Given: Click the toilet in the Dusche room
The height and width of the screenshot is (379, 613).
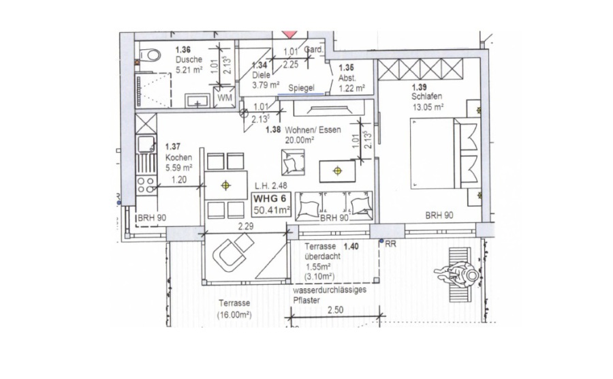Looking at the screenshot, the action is click(151, 55).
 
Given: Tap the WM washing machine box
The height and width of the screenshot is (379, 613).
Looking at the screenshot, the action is click(224, 97).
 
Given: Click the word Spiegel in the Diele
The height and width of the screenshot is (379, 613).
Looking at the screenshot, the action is click(301, 88).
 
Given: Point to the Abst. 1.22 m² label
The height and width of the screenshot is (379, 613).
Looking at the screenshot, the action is click(351, 83).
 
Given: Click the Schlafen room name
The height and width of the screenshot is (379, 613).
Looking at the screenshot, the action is click(426, 96).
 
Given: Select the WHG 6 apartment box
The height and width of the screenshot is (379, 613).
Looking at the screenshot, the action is click(272, 205).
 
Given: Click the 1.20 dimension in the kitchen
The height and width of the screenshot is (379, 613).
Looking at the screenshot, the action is click(179, 180).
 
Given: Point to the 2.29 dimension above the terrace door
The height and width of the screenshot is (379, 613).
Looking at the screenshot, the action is click(245, 226).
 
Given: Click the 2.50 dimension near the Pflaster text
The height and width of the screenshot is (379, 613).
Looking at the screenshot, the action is click(335, 310).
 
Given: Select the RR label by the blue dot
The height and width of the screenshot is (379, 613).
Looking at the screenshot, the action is click(390, 244).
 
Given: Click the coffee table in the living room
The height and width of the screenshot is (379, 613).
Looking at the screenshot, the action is click(337, 171).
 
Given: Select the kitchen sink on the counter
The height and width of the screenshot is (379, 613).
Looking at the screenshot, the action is click(146, 144).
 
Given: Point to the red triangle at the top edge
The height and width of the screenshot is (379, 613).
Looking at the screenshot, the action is click(289, 35).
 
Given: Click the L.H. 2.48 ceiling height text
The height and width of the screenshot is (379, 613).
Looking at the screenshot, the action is click(270, 186).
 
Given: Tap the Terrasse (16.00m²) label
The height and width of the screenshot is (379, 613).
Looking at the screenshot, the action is click(234, 309).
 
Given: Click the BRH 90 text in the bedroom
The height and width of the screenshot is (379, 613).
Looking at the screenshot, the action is click(439, 215).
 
